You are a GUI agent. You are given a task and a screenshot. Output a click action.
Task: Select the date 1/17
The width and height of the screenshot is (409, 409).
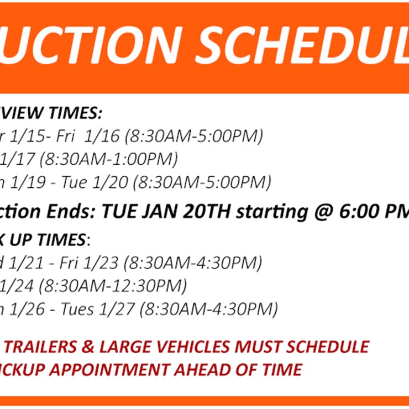pyautogui.click(x=18, y=159)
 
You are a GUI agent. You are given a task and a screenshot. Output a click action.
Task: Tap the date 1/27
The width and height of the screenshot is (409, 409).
pyautogui.click(x=121, y=309)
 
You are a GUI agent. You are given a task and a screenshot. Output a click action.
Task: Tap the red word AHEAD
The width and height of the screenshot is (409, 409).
pyautogui.click(x=200, y=369)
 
